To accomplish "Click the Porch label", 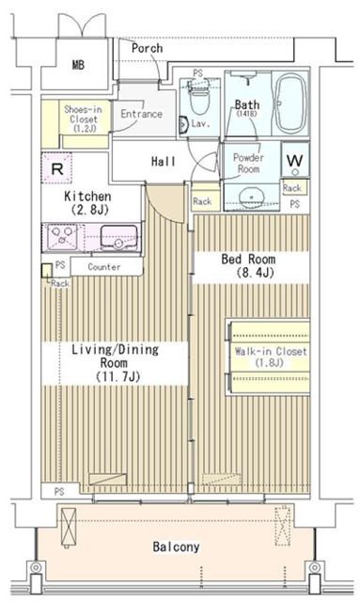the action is (x=147, y=48).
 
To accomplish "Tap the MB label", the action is (x=78, y=65).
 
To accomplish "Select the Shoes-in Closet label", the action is (x=84, y=119).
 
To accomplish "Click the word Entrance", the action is (x=141, y=114).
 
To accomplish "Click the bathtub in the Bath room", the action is (x=291, y=103).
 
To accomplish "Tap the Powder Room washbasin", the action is (x=251, y=197).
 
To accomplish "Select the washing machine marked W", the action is (x=295, y=160).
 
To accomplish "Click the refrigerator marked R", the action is (x=56, y=168).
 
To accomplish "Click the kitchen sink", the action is (x=119, y=237).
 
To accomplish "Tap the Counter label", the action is (x=104, y=267).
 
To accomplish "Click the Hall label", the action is (x=164, y=161).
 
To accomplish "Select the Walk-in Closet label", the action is (x=271, y=356).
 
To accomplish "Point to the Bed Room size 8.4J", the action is (x=254, y=273).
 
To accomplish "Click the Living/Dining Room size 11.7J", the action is (x=117, y=376).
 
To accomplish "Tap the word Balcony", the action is (x=176, y=547).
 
